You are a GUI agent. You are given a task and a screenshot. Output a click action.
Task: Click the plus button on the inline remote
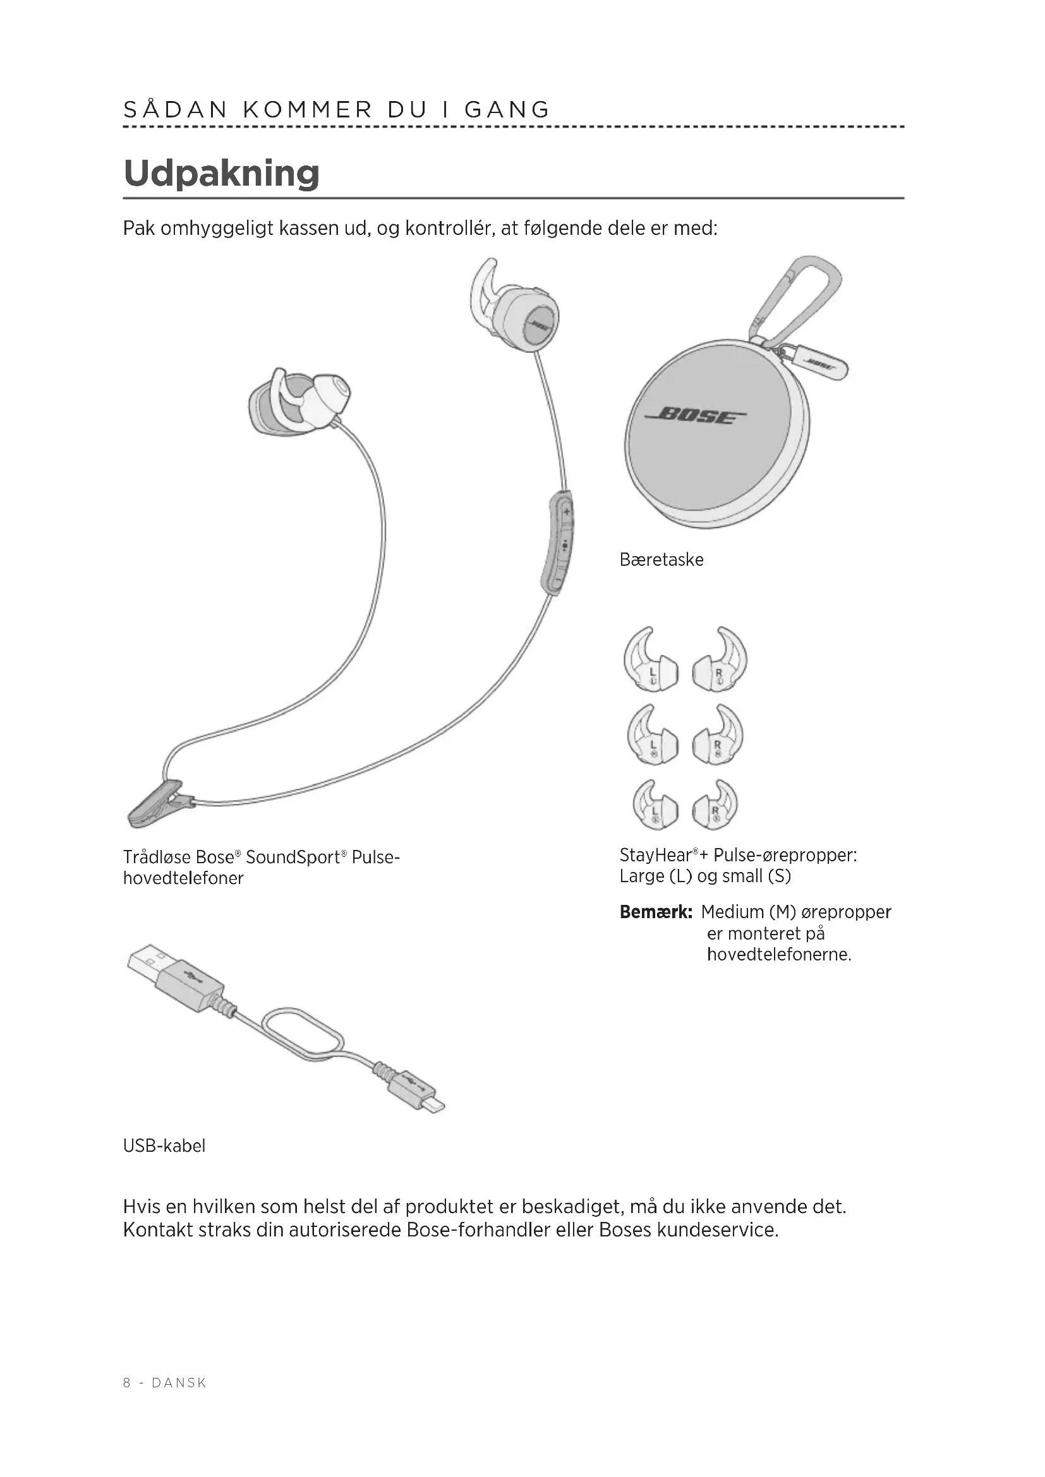[x=566, y=512]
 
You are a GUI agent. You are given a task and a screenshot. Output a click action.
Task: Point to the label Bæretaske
[x=661, y=559]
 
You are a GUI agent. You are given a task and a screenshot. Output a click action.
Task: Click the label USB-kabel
[x=164, y=1145]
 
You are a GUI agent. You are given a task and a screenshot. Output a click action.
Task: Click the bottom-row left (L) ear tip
[x=655, y=805]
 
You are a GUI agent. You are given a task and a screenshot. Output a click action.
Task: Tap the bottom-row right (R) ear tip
[x=716, y=805]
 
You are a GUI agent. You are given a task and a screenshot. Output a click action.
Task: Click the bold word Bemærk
[x=656, y=912]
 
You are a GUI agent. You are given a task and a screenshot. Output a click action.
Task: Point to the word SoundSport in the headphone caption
[x=293, y=858]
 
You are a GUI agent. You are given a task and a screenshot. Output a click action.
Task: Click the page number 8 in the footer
[x=127, y=1383]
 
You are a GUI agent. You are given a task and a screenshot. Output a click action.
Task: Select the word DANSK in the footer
[x=179, y=1383]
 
